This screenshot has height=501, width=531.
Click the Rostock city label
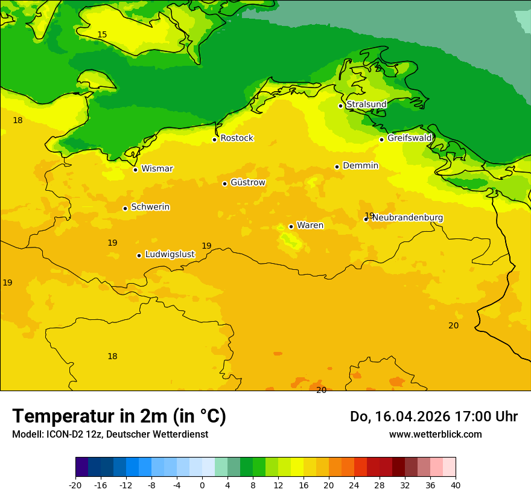(237, 138)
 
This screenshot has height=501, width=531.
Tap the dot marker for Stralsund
(340, 106)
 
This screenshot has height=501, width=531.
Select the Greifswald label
(409, 138)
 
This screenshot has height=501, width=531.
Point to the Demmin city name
(360, 166)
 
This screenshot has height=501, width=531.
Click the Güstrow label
(247, 182)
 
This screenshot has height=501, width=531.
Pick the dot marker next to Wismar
(135, 170)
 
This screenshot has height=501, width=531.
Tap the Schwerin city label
(150, 207)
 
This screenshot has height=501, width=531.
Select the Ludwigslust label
(170, 255)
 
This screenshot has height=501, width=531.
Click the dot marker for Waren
(291, 226)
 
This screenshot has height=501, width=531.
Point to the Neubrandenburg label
(407, 218)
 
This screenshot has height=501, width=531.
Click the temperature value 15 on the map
(102, 35)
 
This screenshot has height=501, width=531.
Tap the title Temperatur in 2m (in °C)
(119, 416)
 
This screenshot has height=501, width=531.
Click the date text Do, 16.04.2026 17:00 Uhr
(433, 416)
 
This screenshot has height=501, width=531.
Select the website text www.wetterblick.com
(435, 435)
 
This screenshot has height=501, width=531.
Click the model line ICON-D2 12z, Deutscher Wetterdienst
(110, 435)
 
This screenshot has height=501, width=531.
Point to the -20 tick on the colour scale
(75, 485)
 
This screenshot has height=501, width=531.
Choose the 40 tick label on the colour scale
(456, 485)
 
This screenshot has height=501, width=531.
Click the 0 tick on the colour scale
(202, 485)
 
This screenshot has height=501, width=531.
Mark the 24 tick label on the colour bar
(354, 485)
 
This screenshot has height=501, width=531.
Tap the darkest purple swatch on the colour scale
(81, 467)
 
